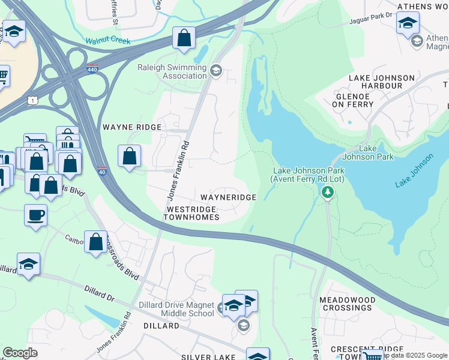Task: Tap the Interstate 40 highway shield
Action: (101, 170)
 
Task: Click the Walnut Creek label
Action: (108, 41)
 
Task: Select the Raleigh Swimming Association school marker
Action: (216, 71)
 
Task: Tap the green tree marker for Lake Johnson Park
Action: (327, 192)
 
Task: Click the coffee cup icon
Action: (36, 215)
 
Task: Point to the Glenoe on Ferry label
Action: (354, 100)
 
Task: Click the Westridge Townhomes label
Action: (191, 212)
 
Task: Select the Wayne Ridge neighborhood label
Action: (132, 127)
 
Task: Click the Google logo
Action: (20, 353)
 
